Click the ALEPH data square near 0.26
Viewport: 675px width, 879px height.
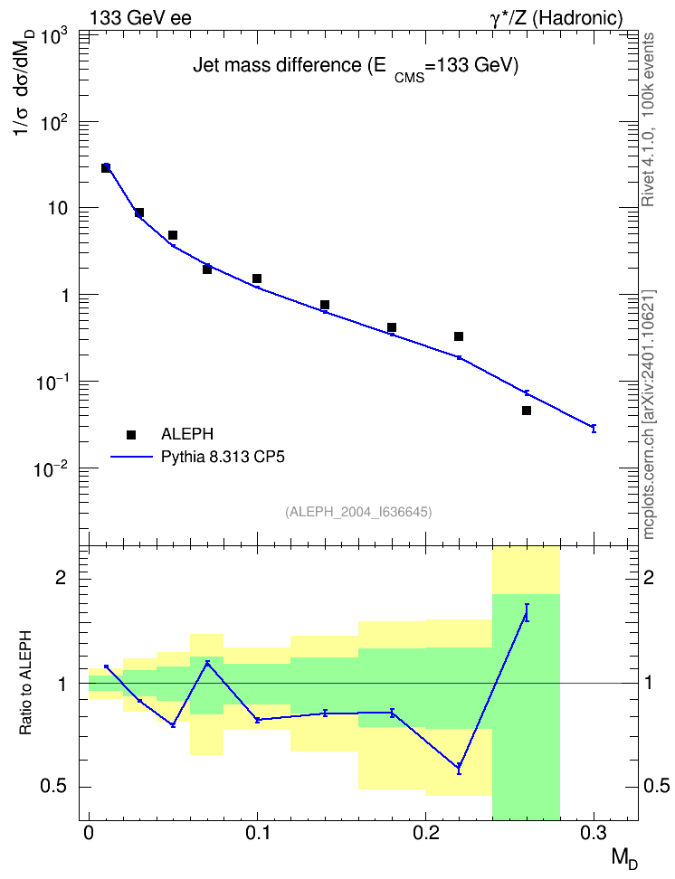point(527,411)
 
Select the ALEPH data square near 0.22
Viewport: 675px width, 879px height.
point(459,336)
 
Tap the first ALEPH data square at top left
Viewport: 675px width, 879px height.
point(106,167)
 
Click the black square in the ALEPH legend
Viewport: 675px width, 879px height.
point(131,434)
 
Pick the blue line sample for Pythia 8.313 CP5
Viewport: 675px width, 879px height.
point(131,457)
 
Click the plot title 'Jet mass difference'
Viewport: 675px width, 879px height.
point(277,66)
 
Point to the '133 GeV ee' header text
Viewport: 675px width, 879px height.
point(141,18)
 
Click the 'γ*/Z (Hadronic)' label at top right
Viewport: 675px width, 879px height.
point(556,18)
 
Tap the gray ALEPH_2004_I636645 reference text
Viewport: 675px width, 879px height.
point(358,512)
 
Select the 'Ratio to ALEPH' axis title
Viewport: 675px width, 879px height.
point(25,683)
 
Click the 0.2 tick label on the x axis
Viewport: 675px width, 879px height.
point(426,833)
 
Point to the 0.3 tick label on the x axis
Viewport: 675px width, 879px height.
point(594,833)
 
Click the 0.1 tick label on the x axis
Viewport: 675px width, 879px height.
point(258,833)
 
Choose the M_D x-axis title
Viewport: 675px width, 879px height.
point(624,858)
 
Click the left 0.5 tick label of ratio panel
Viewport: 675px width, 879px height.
point(53,787)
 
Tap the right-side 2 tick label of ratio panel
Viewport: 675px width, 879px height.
point(649,577)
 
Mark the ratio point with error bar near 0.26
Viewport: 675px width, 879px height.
point(527,613)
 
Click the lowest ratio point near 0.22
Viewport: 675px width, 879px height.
point(459,767)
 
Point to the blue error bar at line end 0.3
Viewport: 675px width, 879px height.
point(594,429)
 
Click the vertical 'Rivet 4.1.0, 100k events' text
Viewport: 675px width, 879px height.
point(648,119)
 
